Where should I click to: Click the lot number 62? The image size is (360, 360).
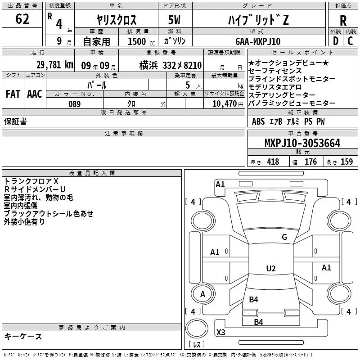point(22,19)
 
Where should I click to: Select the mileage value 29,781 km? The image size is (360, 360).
point(55,65)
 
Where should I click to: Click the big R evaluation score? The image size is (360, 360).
point(343,21)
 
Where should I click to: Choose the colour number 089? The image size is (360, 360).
point(74,104)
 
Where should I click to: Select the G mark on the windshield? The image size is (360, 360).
point(284,237)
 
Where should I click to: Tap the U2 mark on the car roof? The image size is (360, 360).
point(270,269)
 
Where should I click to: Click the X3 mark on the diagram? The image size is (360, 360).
point(221,333)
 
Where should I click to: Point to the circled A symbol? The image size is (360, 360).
point(202,294)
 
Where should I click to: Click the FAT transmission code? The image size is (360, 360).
point(13,94)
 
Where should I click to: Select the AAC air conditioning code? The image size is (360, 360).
point(35,94)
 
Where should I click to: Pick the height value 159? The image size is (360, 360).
point(346,162)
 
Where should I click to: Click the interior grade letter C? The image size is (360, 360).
point(350,40)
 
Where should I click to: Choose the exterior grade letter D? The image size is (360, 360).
point(335,40)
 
